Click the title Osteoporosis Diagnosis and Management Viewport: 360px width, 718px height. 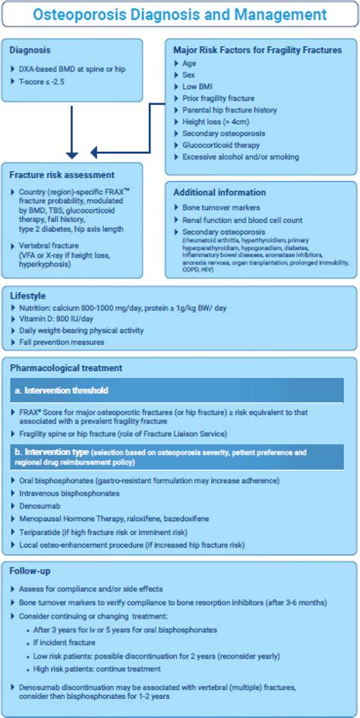pyautogui.click(x=179, y=14)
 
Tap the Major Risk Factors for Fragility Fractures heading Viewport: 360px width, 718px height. pyautogui.click(x=257, y=50)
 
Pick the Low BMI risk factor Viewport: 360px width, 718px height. pyautogui.click(x=198, y=87)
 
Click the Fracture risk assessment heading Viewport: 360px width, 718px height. pyautogui.click(x=62, y=175)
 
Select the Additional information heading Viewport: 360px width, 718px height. pyautogui.click(x=219, y=192)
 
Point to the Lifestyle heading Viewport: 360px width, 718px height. pyautogui.click(x=29, y=295)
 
